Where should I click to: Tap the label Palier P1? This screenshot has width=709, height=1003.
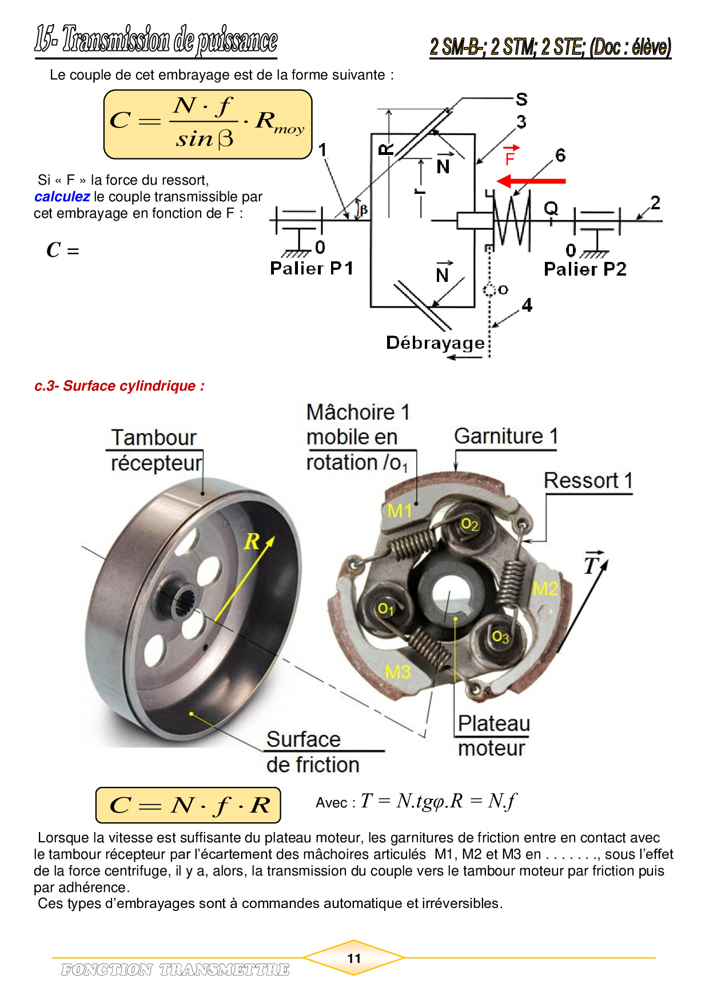[312, 268]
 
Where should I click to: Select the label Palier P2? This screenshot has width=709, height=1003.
[585, 269]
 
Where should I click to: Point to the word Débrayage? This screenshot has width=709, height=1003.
[435, 343]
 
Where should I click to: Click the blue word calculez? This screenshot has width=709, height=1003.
[62, 197]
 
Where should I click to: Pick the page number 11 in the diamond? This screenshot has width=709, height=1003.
[354, 958]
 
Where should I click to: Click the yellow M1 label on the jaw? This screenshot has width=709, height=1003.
[399, 510]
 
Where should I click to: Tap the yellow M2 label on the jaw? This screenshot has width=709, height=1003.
[544, 588]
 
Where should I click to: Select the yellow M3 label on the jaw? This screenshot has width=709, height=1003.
[397, 671]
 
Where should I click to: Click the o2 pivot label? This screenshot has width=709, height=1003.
[469, 524]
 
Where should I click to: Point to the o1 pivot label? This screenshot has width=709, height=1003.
[386, 608]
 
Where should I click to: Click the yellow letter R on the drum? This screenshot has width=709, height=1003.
[252, 541]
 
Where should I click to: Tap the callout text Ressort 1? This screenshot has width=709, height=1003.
[588, 481]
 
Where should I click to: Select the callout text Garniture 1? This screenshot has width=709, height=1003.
[505, 436]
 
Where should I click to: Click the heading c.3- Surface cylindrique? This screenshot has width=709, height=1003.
[120, 386]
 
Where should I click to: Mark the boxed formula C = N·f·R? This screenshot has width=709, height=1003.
[188, 805]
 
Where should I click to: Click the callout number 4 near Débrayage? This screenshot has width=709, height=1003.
[527, 305]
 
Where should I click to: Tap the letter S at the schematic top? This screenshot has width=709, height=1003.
[521, 99]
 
